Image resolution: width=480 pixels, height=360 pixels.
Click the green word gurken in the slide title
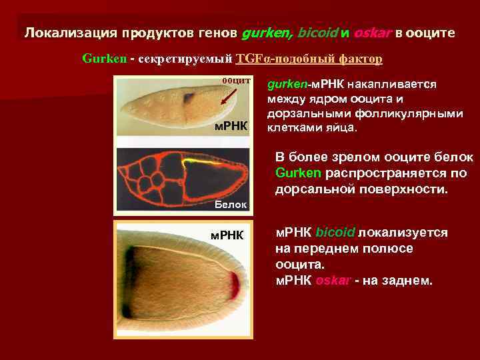pos(266,33)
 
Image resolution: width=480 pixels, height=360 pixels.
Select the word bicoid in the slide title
pos(317,33)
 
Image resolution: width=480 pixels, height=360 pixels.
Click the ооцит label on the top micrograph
pos(235,81)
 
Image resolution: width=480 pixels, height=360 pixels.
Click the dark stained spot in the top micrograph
pos(189,99)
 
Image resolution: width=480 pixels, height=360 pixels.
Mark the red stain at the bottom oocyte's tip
pos(235,285)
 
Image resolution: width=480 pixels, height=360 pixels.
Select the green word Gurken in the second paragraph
pos(299,173)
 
